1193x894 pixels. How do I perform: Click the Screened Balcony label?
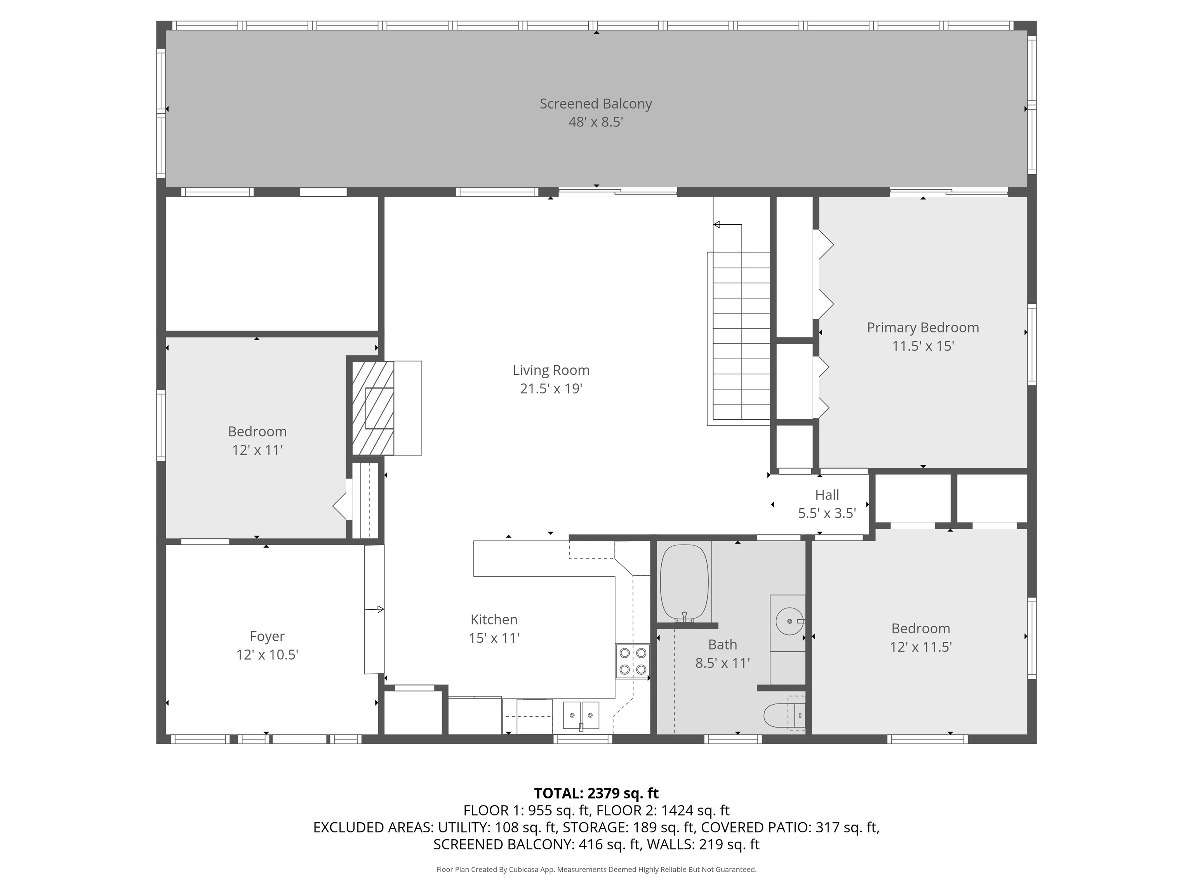pos(595,104)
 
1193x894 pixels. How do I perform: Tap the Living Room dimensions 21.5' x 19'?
pos(551,388)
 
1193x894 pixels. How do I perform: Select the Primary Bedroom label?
pos(922,327)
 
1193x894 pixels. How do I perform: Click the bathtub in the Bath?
pos(684,582)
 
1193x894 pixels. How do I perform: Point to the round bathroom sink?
pos(788,621)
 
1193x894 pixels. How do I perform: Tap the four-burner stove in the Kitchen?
pos(633,661)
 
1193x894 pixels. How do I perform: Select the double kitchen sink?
pos(581,716)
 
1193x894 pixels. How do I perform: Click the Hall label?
pos(827,495)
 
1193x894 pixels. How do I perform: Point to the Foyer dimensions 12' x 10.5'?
pos(267,655)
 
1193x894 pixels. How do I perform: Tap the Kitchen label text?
pos(494,620)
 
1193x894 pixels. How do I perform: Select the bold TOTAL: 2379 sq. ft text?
pos(596,793)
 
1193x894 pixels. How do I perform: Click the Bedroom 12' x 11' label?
pos(257,441)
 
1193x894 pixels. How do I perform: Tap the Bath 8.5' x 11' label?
pos(722,654)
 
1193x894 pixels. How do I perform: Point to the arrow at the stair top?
pos(717,225)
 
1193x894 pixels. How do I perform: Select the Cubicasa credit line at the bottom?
pos(596,869)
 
